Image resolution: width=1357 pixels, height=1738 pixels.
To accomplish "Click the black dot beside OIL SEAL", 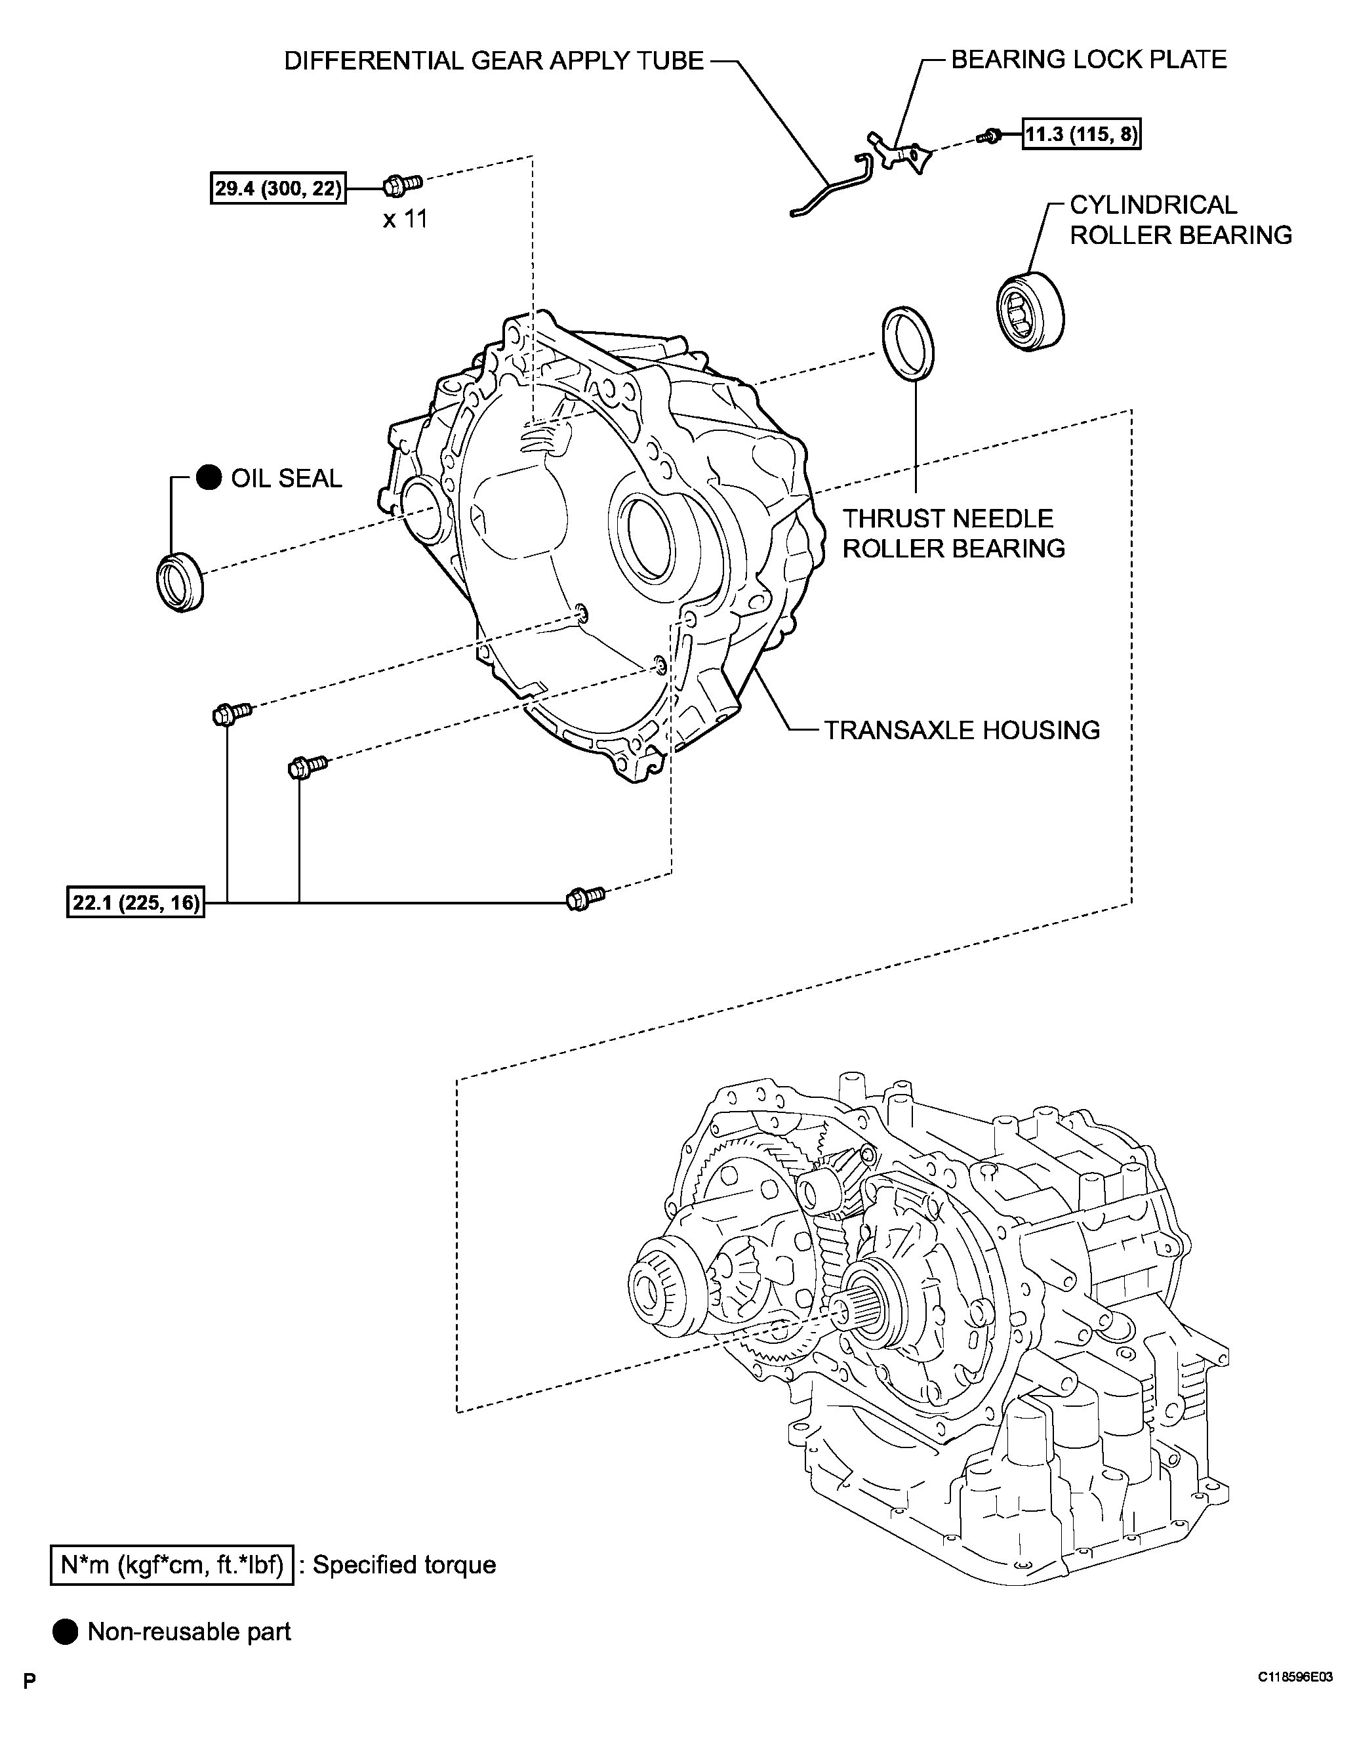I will pos(209,477).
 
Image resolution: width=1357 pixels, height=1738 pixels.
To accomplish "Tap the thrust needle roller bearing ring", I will pos(908,343).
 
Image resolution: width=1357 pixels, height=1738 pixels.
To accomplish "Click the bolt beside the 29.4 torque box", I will pos(402,185).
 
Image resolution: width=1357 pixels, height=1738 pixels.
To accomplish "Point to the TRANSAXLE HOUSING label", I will pos(962,730).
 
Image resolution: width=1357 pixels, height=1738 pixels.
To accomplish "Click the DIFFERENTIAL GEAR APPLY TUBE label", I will pos(493,61).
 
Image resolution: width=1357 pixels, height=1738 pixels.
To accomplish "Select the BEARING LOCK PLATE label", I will pos(1088,60).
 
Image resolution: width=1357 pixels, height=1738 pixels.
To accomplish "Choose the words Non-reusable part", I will pos(189,1632).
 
